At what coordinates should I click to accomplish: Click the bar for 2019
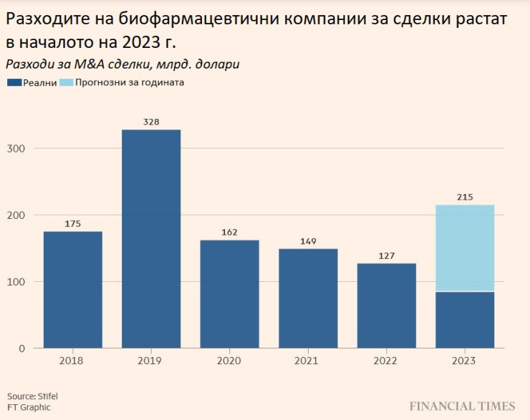point(151,239)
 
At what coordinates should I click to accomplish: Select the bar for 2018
point(73,290)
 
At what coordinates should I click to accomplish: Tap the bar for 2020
point(229,294)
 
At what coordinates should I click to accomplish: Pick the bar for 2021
point(308,298)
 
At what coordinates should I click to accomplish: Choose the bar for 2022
point(386,306)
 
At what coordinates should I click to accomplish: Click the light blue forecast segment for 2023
point(465,248)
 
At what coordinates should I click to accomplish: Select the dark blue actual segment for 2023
point(465,320)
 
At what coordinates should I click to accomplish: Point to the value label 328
point(151,122)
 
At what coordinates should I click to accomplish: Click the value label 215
point(465,197)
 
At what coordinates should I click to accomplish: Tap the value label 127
point(386,255)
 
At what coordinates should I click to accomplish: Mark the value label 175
point(73,224)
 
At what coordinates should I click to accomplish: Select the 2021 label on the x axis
point(308,361)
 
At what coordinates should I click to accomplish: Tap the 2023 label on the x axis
point(465,361)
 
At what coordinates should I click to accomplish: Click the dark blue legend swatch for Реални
point(14,82)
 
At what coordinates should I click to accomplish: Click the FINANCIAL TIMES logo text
point(462,406)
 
